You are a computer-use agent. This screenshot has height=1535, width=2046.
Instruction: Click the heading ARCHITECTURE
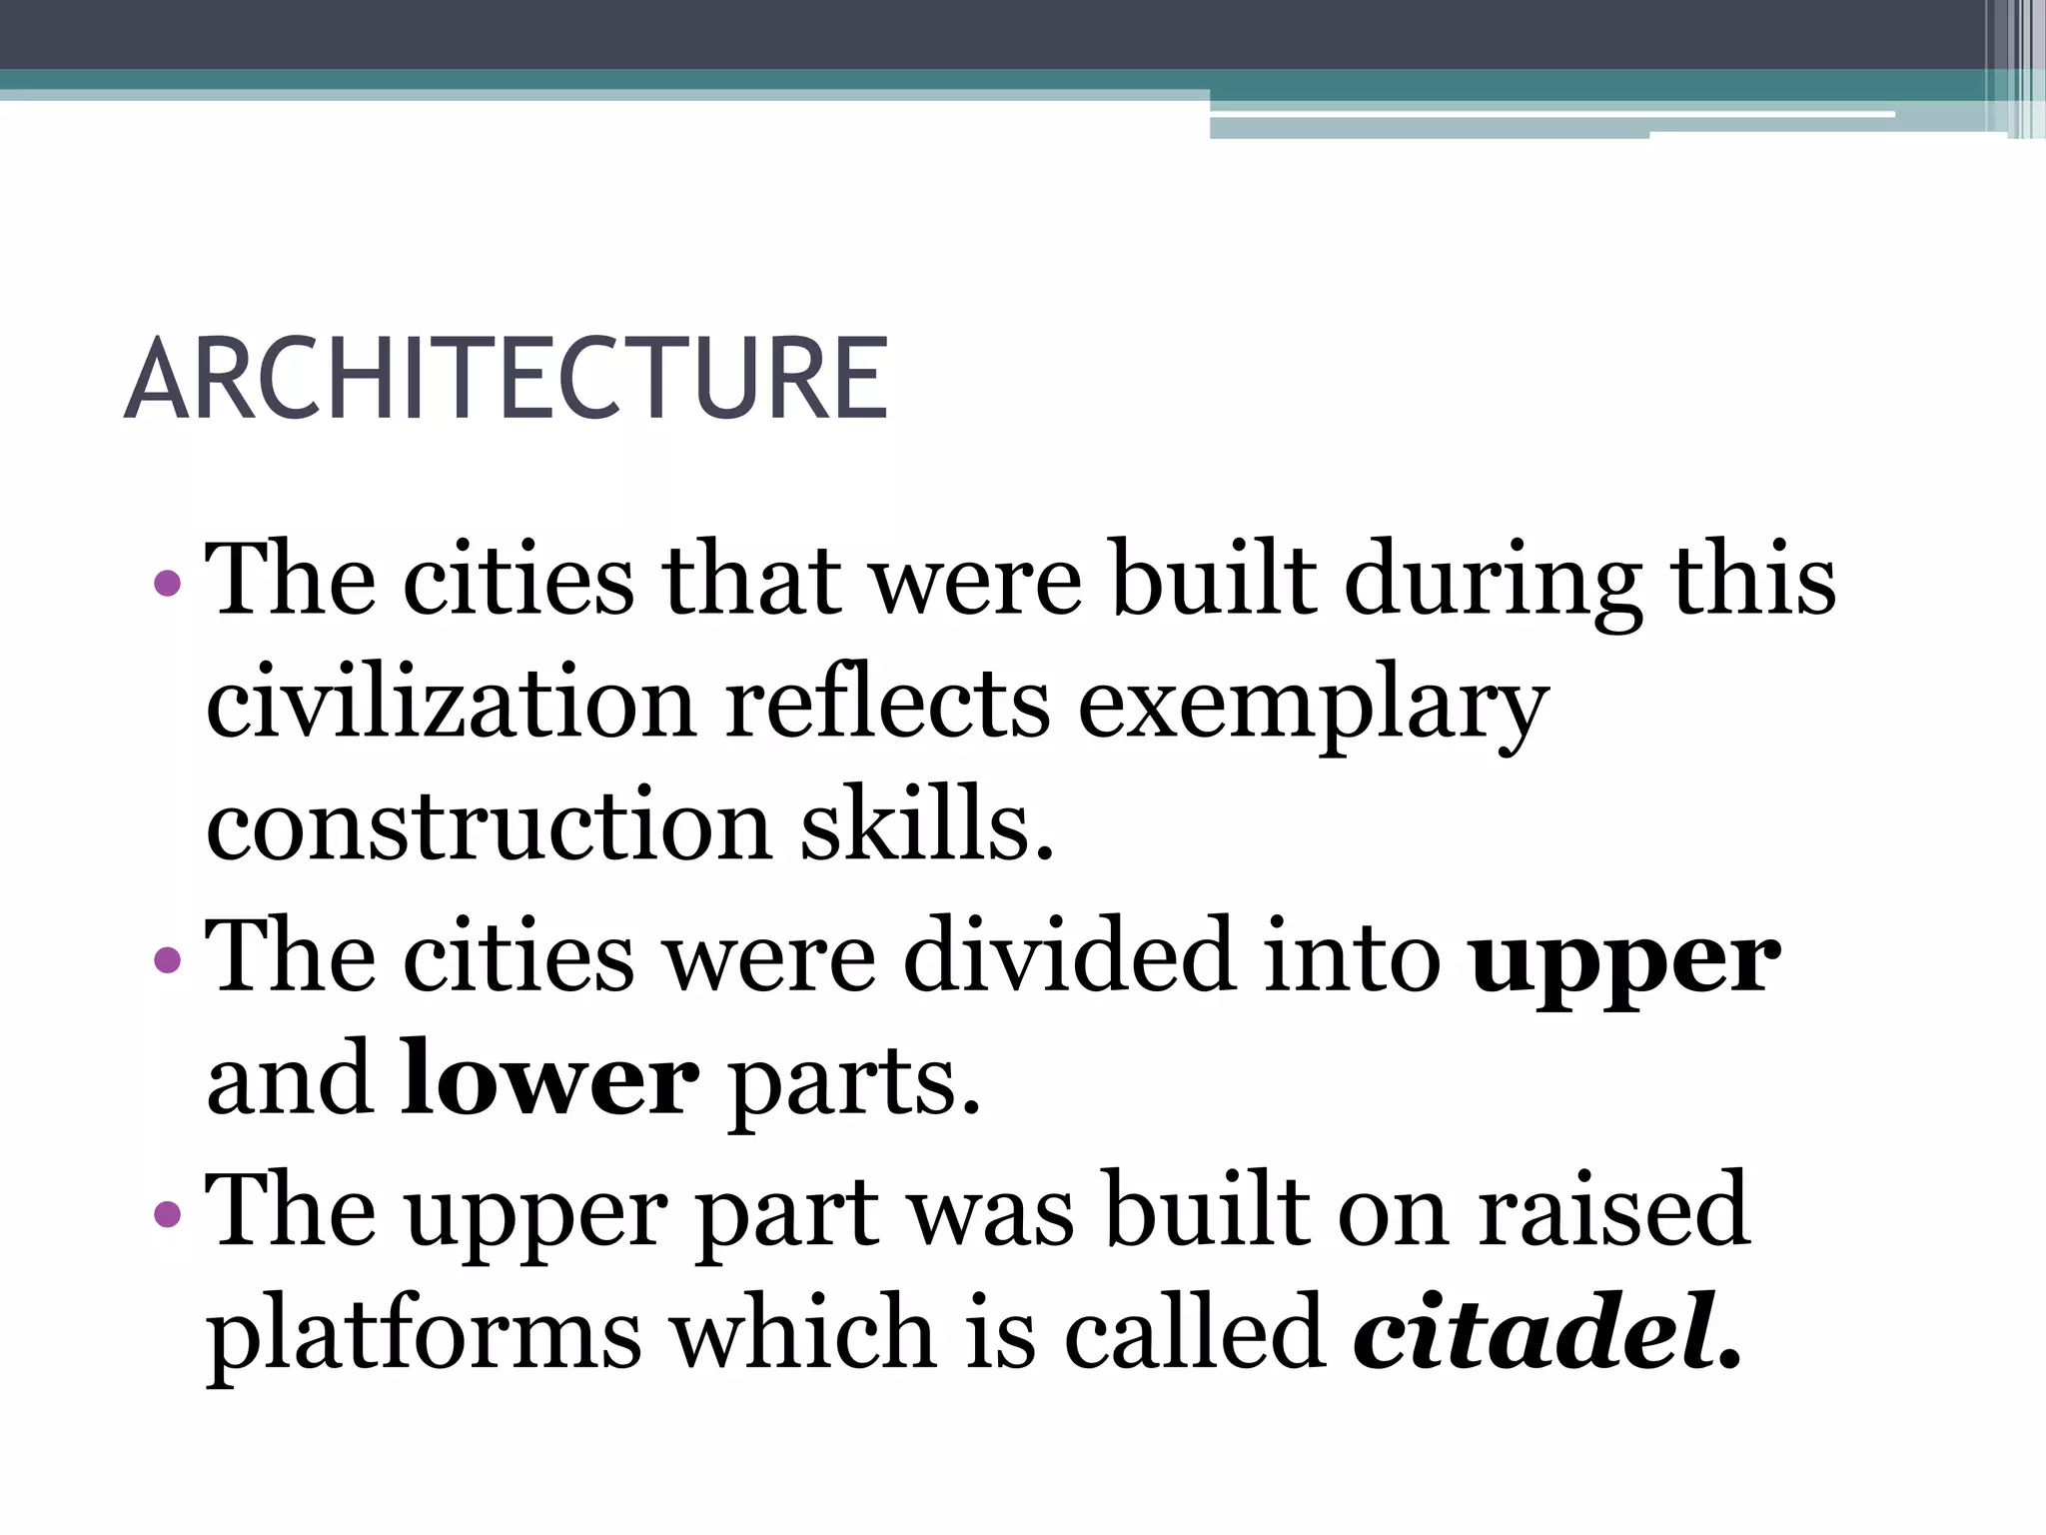507,380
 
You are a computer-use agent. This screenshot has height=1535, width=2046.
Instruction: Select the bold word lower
549,1079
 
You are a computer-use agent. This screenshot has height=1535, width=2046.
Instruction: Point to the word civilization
451,703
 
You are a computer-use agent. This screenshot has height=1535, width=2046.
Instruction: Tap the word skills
927,823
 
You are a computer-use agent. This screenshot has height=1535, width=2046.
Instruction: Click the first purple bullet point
168,582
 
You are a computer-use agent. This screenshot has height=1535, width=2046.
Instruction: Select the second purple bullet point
168,960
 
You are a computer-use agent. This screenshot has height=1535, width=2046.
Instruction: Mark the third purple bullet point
168,1213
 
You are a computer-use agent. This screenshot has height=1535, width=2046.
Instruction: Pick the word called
1195,1330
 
